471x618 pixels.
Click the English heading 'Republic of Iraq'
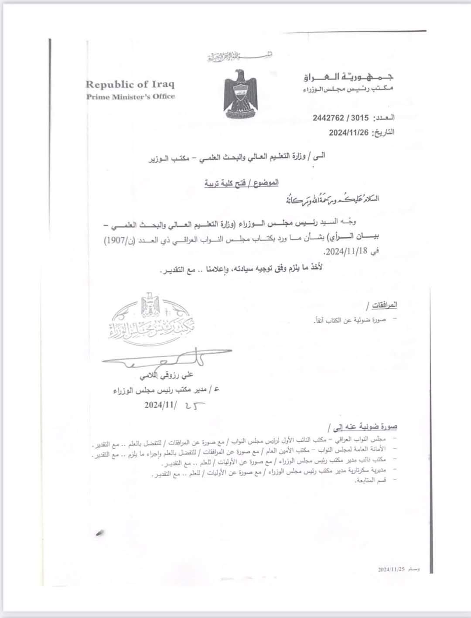coord(130,85)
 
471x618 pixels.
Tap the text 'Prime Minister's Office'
coord(130,97)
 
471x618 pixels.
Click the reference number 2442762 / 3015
coord(341,118)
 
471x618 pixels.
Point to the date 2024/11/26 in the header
coord(348,132)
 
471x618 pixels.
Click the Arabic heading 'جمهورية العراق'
coord(348,77)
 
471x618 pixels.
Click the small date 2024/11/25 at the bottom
coord(392,570)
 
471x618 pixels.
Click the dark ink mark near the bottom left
coord(102,533)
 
